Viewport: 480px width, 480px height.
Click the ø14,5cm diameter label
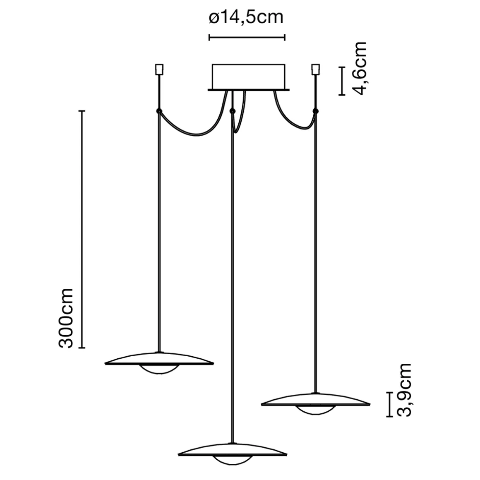pos(246,18)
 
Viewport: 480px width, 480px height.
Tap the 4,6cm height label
pos(359,68)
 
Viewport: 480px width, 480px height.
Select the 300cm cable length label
pos(66,318)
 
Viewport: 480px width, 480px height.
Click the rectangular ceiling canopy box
pos(248,77)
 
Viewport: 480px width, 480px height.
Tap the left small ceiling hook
pos(158,69)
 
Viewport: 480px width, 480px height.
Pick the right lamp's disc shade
pos(315,399)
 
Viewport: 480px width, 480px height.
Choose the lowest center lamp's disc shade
pos(232,450)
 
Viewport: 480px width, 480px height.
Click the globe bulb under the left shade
pos(160,370)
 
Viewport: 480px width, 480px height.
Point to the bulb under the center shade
pos(232,460)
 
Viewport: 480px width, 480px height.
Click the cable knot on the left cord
pos(158,111)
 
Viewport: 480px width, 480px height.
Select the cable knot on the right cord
pos(316,111)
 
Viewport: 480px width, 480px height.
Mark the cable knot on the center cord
pos(233,111)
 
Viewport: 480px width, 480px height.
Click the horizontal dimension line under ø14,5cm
pos(247,38)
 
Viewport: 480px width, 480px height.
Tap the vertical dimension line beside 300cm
pos(82,229)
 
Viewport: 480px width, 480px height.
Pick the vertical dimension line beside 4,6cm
pos(342,81)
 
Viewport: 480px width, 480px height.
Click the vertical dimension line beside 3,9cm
pos(389,404)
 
